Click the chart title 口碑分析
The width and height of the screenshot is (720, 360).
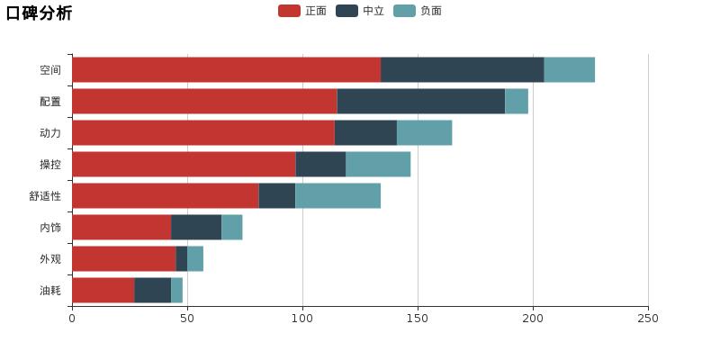[x=40, y=13]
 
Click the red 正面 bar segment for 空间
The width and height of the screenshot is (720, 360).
[x=226, y=70]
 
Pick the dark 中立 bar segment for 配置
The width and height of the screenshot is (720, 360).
[x=421, y=102]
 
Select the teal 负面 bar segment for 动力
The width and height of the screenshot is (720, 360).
[x=424, y=133]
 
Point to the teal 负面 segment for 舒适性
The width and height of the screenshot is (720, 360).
[x=337, y=196]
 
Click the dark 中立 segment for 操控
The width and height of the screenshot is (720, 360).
[x=320, y=165]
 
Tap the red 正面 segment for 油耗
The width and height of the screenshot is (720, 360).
[x=103, y=291]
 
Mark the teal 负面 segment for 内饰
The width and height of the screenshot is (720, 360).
[x=231, y=228]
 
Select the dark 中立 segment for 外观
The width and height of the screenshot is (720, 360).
[x=181, y=259]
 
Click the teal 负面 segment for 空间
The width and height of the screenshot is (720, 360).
[x=569, y=70]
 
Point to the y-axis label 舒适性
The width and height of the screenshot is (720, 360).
[x=45, y=196]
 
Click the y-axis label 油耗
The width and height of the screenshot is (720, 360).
[x=50, y=291]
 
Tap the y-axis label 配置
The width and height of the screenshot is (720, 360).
[x=50, y=102]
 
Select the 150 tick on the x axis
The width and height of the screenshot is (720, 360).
[x=418, y=318]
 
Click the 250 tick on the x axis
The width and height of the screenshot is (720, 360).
[x=648, y=318]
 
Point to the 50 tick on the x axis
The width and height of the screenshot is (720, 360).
[x=187, y=318]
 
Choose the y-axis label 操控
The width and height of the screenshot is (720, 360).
[x=50, y=165]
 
